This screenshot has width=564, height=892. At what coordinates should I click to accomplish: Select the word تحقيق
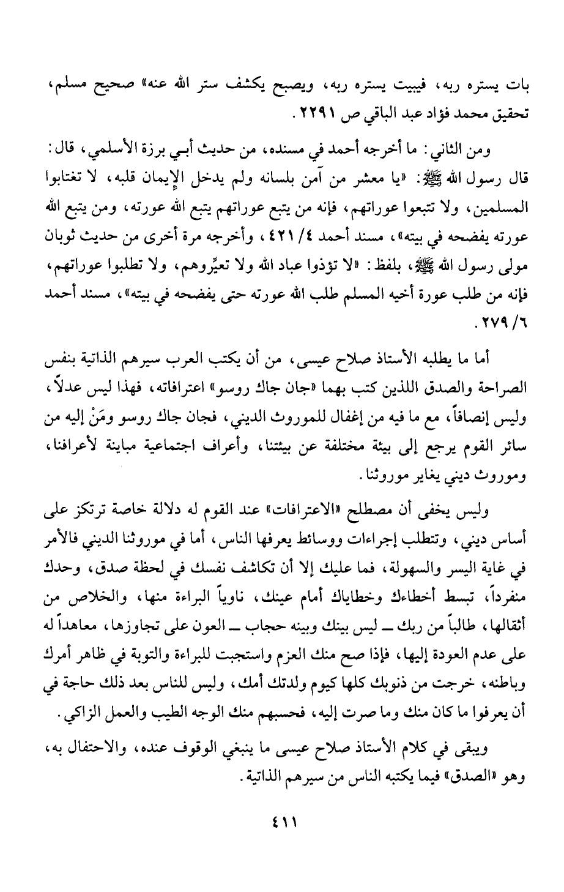pos(511,114)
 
